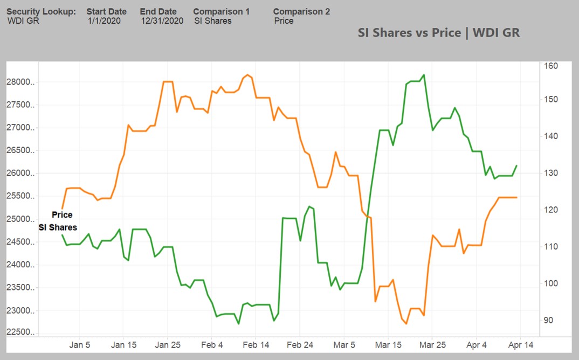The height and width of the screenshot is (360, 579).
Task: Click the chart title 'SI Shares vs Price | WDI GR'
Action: [x=438, y=32]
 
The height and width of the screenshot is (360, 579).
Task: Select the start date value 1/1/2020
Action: [x=104, y=21]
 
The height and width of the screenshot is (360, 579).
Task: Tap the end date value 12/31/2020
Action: [x=162, y=21]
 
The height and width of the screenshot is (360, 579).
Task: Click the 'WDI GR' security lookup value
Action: [x=23, y=21]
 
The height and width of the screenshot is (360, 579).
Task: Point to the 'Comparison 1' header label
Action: [x=221, y=11]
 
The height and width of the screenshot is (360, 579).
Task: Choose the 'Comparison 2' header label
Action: [x=301, y=11]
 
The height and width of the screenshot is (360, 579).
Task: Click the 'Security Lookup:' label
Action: [x=41, y=11]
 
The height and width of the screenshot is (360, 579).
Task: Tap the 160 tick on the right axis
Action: [x=551, y=66]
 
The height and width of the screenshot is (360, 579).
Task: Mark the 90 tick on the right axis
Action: [x=549, y=320]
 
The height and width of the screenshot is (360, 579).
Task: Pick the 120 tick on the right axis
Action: [x=551, y=210]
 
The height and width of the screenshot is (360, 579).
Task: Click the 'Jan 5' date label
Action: [x=80, y=345]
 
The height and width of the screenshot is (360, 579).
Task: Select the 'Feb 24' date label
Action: [x=300, y=345]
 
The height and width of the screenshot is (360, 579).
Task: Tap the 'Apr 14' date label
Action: [x=521, y=345]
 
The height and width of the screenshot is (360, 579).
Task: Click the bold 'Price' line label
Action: [x=62, y=215]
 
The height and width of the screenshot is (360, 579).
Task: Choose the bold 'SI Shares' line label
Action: [x=58, y=227]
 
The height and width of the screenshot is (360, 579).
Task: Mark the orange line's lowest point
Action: [x=406, y=324]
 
